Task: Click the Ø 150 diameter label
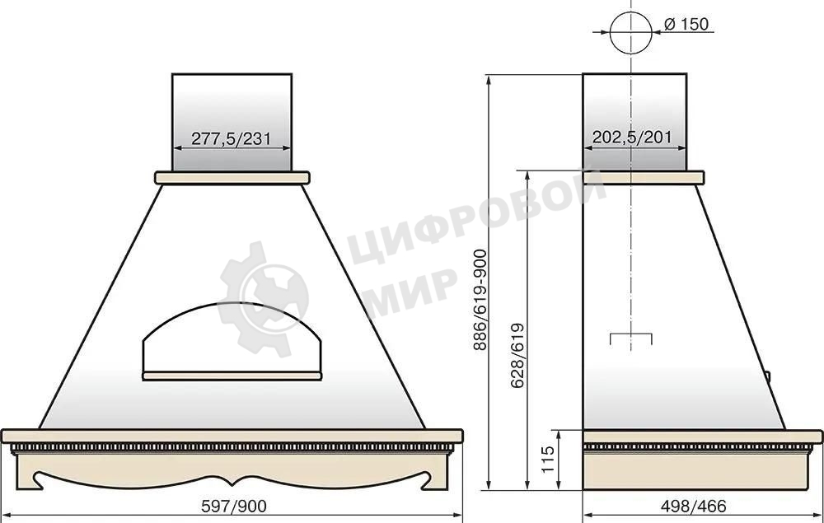tap(686, 24)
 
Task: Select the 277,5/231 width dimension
tap(231, 138)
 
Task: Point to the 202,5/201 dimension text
tap(632, 138)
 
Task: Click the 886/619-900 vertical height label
tap(480, 300)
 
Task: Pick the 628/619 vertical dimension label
tap(517, 356)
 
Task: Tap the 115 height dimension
tap(548, 459)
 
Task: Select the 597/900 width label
tap(234, 507)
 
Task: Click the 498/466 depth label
tap(693, 507)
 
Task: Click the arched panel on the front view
tap(232, 305)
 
